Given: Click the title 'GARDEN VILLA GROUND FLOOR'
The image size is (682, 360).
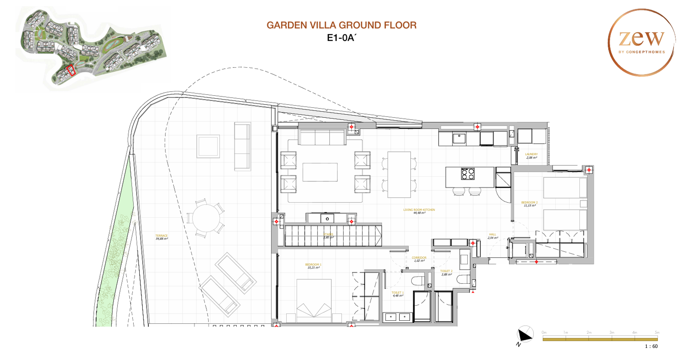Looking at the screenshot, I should tap(341, 25).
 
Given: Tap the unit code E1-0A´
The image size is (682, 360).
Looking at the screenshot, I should tap(341, 38).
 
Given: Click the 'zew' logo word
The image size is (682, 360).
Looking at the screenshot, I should tap(641, 38).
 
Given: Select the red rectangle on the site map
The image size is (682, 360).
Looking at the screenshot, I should tap(71, 70).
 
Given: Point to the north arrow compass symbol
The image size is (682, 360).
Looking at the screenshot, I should tap(525, 335).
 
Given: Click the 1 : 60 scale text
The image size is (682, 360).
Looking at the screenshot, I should tap(651, 346).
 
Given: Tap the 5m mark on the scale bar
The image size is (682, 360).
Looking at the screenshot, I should tap(657, 333).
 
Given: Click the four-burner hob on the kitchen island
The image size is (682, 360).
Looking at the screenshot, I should tap(467, 174).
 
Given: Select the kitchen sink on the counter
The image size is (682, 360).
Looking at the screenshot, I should tap(459, 138).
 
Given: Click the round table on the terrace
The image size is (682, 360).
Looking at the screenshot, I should tap(206, 218).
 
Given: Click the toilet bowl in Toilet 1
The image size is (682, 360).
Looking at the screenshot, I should tap(418, 281).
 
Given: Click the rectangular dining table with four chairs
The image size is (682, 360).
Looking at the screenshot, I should tap(399, 174).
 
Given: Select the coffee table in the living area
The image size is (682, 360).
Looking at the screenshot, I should tap(320, 172).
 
